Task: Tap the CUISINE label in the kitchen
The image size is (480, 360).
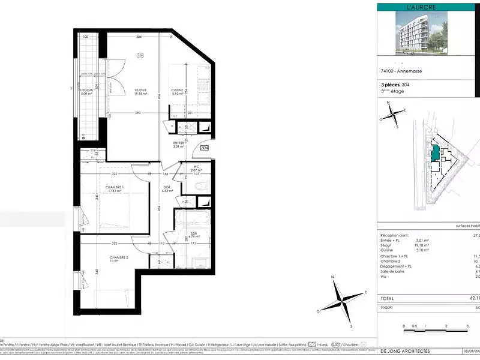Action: click(x=178, y=89)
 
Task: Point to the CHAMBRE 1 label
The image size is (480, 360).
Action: click(x=114, y=187)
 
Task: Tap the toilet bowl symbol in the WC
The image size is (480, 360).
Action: click(x=202, y=186)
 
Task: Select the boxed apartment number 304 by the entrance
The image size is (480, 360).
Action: click(x=205, y=148)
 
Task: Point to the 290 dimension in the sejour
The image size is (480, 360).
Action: click(x=137, y=113)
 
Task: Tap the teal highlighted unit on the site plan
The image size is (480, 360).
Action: click(x=434, y=151)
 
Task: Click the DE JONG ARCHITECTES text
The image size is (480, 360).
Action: click(x=407, y=350)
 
